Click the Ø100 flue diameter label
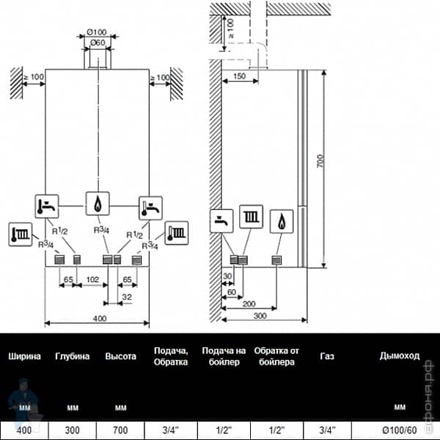point(97,32)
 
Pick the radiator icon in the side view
point(252,220)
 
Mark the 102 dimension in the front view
point(92,280)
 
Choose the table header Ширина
point(24,356)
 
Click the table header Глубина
point(72,356)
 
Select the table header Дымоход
point(400,356)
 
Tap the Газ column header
point(327,356)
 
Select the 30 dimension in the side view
point(227,276)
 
